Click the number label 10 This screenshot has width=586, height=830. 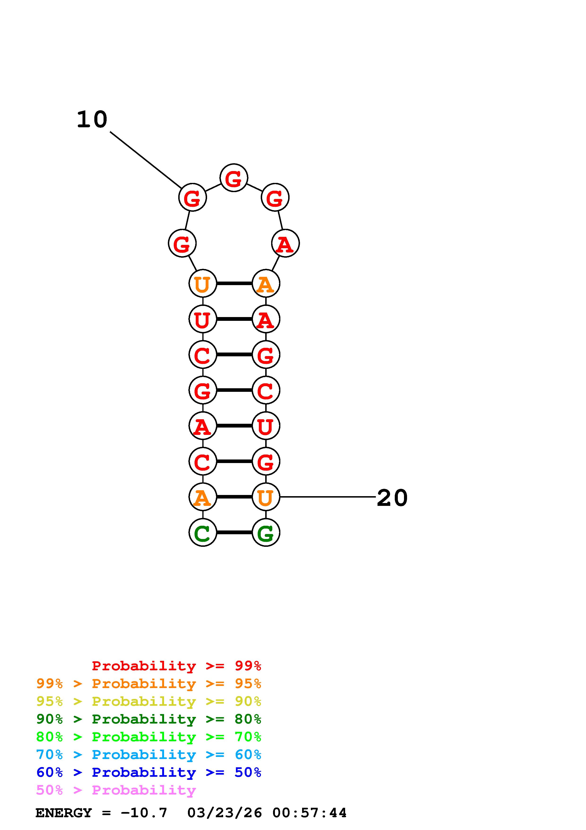click(92, 120)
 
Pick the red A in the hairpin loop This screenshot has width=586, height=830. click(285, 244)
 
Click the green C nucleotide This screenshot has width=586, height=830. click(203, 533)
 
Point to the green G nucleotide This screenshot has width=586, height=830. click(266, 533)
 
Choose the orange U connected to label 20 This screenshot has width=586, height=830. click(266, 497)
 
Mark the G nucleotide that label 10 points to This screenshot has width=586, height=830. click(192, 197)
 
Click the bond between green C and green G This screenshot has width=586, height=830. click(234, 533)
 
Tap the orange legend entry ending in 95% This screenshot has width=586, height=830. click(149, 684)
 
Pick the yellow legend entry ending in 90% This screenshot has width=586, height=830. click(149, 701)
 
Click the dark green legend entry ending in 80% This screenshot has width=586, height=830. click(149, 719)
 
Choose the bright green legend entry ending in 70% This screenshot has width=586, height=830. click(149, 737)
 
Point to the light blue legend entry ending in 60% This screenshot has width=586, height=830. click(149, 755)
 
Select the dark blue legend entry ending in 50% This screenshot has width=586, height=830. click(149, 772)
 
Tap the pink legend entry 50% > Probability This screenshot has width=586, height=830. click(116, 790)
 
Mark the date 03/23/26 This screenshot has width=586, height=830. click(225, 813)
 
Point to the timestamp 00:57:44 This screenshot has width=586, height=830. click(309, 813)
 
